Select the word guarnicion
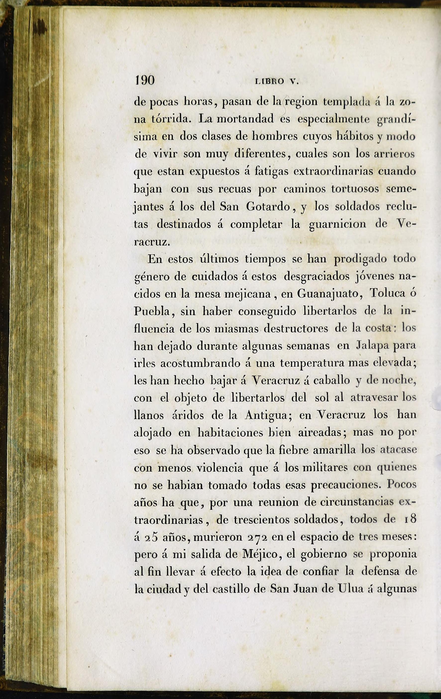click(337, 224)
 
